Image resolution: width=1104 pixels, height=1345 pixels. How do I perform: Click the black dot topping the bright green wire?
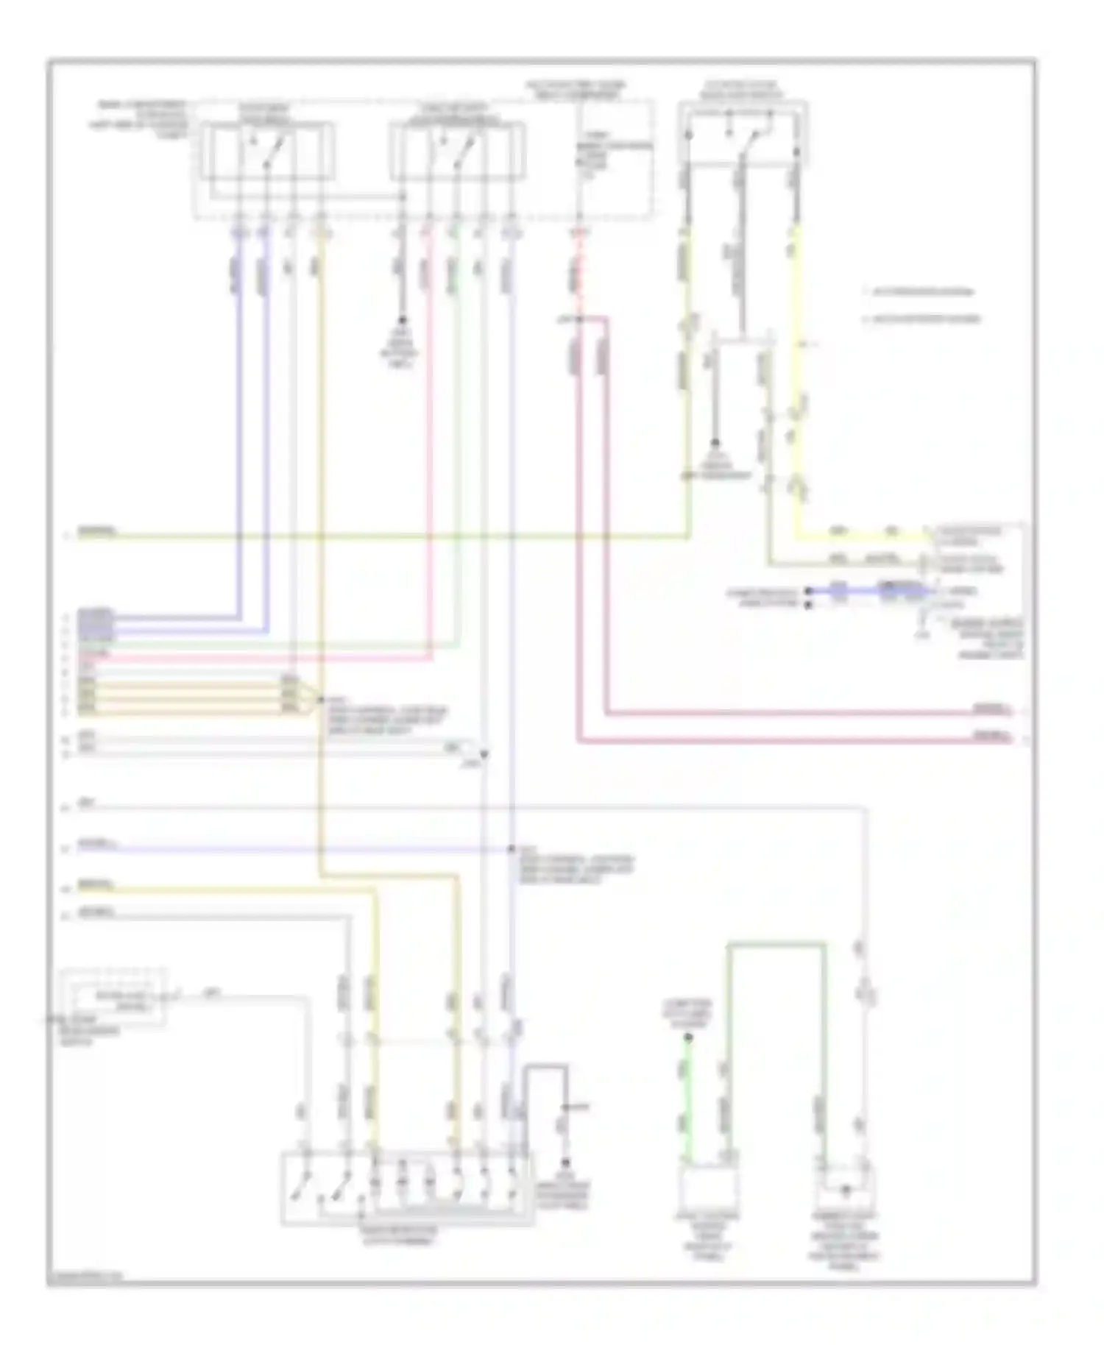pyautogui.click(x=688, y=1037)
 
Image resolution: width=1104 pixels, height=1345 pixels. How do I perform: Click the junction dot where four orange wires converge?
pyautogui.click(x=320, y=699)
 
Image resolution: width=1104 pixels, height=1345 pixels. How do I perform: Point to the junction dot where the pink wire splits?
pyautogui.click(x=579, y=319)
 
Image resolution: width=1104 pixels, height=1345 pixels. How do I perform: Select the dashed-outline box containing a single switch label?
pyautogui.click(x=114, y=998)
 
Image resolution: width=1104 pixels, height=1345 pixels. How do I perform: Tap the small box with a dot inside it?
pyautogui.click(x=846, y=1186)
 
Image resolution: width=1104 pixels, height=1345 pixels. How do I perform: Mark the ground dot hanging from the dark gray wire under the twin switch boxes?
pyautogui.click(x=402, y=321)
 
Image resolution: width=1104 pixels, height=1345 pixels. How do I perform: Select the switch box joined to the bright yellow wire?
pyautogui.click(x=743, y=134)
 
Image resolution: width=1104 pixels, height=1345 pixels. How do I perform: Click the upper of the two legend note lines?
pyautogui.click(x=920, y=292)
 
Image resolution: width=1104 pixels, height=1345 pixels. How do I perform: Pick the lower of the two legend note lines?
pyautogui.click(x=924, y=319)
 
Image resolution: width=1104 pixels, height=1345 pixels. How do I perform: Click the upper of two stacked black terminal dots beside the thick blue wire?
pyautogui.click(x=808, y=591)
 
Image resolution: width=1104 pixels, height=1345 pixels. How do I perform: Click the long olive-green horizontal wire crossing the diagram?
pyautogui.click(x=383, y=537)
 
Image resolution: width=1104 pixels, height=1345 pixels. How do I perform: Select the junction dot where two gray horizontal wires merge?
pyautogui.click(x=484, y=754)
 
